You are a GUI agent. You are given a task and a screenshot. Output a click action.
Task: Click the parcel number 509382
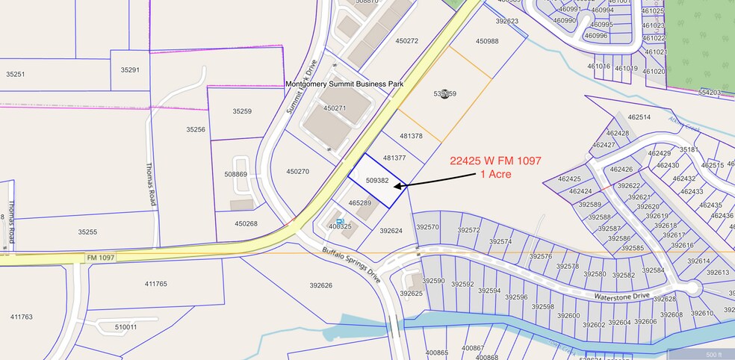378,181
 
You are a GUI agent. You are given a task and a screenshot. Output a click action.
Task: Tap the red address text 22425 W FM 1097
496,161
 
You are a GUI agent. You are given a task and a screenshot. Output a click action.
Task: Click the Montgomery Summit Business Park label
344,84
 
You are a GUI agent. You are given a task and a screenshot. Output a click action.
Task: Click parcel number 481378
411,136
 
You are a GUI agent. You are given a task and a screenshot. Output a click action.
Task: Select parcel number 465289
360,203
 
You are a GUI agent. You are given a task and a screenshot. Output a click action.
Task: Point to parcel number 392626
320,285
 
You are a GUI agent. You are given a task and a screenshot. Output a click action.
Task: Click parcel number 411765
156,284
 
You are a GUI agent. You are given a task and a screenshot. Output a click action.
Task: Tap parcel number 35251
15,74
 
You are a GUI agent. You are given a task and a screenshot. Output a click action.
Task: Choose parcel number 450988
486,41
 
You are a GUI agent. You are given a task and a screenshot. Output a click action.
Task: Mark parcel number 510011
125,327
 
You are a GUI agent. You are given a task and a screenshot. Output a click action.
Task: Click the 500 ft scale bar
713,354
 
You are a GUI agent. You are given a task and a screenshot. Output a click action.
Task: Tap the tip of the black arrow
394,186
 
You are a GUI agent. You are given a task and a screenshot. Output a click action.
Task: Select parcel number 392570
427,227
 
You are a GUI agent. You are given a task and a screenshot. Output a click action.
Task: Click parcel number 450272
406,41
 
